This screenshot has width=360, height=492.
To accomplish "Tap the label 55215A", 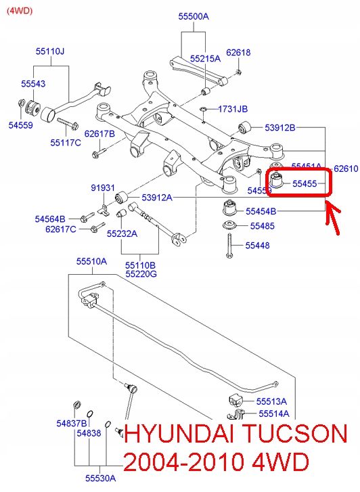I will pyautogui.click(x=205, y=59).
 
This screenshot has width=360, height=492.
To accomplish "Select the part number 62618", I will pyautogui.click(x=238, y=52).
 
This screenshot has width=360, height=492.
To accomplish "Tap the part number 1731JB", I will pyautogui.click(x=233, y=109).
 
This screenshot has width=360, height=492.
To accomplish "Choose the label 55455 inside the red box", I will pyautogui.click(x=305, y=183).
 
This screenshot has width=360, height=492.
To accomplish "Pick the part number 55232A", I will pyautogui.click(x=122, y=233).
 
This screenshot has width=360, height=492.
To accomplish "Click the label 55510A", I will pyautogui.click(x=91, y=261).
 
